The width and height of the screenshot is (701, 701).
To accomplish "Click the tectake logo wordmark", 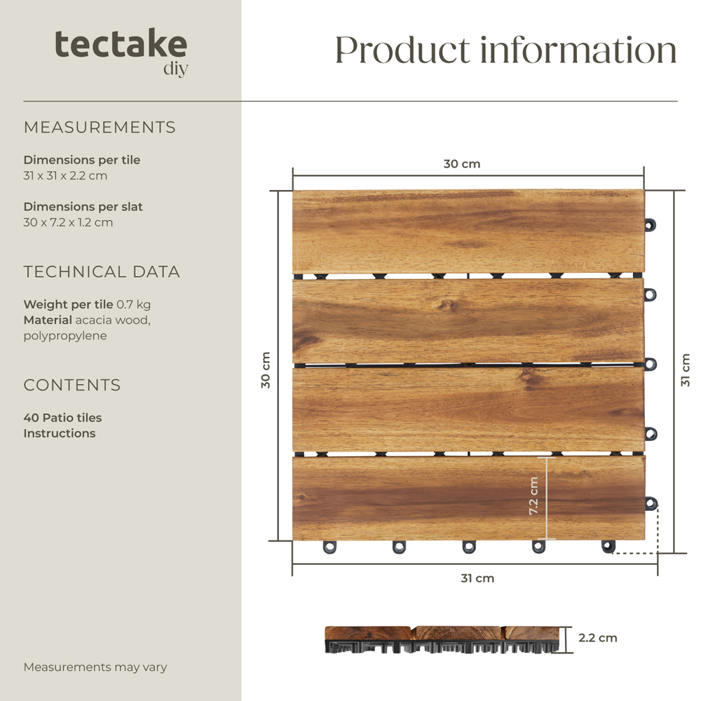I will [121, 45].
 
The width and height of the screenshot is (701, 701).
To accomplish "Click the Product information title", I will [505, 50].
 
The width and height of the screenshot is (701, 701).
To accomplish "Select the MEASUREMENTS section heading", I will [100, 128].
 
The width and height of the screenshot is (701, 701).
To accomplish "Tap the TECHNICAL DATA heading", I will [102, 272].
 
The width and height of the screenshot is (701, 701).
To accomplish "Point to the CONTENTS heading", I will [72, 385].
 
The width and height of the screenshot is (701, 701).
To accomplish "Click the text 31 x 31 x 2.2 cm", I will [65, 175].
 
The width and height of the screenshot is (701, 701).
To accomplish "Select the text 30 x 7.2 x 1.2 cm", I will [68, 222].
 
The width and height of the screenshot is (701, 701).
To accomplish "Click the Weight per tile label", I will [68, 304].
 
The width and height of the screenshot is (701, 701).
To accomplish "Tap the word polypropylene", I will [65, 336].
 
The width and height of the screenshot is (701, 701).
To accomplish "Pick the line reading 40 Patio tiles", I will [62, 418].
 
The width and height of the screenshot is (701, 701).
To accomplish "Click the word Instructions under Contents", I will [60, 433].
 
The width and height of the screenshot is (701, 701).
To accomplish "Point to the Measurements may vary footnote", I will [95, 667].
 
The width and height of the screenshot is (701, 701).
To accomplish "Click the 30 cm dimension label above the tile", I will [462, 164].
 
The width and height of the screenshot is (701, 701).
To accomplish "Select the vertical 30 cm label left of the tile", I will [266, 370].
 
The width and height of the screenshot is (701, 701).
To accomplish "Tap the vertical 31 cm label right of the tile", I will [685, 370].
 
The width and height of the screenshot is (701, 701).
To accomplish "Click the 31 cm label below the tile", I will [477, 578].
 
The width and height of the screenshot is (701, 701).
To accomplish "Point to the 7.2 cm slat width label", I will [533, 496].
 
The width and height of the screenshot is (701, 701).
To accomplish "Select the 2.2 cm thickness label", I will [598, 638].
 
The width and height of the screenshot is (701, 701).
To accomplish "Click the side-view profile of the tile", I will [444, 639].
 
